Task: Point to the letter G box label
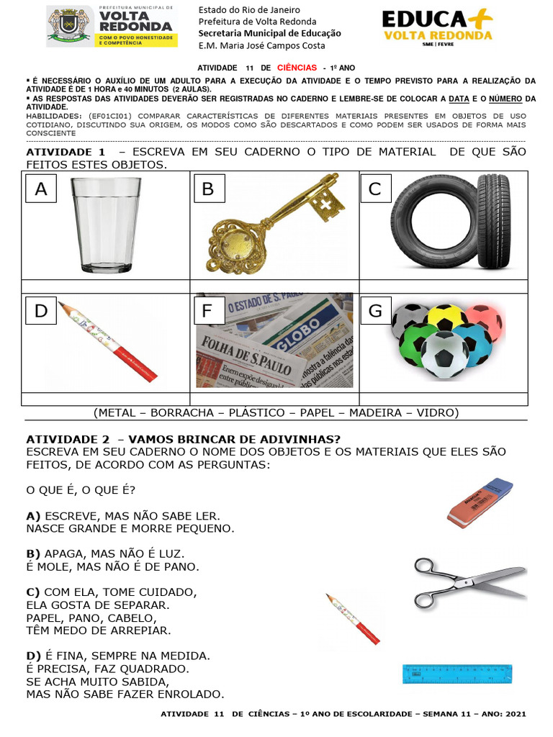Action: pos(375,311)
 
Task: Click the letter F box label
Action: pos(209,312)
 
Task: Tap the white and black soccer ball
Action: pos(444,355)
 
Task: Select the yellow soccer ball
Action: pos(446,317)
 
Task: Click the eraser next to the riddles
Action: pos(480,501)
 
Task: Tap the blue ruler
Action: pos(457,674)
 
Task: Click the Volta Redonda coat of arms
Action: pos(62,25)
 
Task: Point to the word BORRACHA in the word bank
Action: pos(184,413)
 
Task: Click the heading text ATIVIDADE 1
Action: pos(66,152)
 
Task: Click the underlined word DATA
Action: pos(459,99)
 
